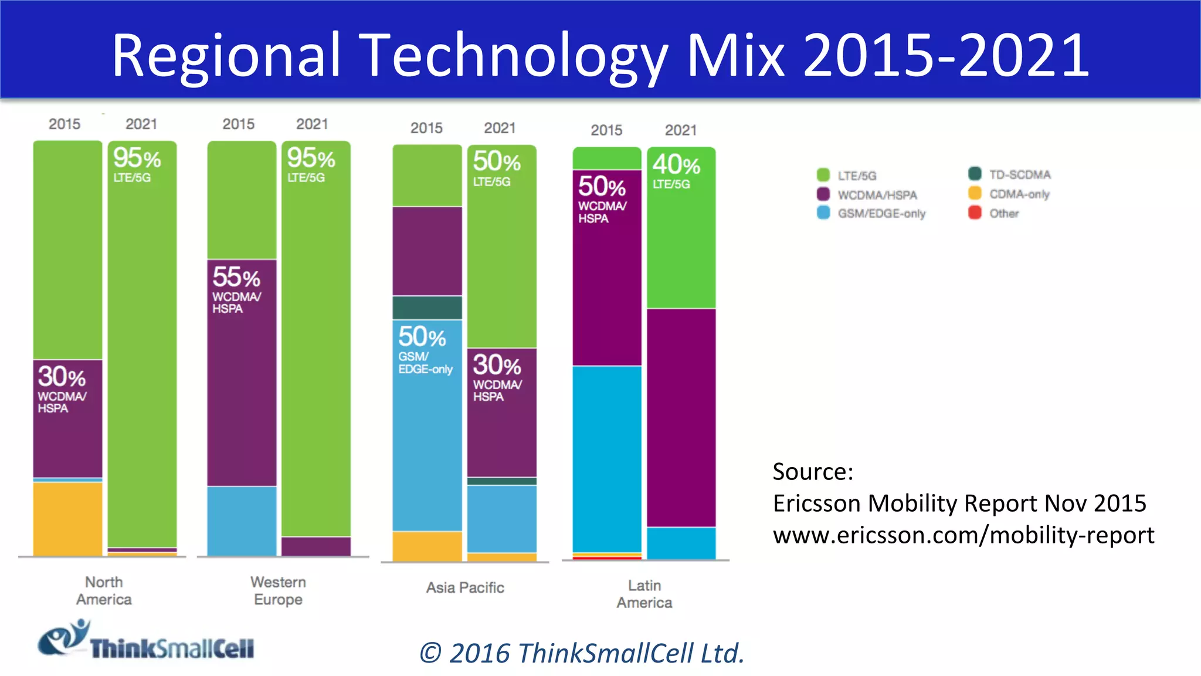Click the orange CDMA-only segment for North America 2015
click(x=67, y=518)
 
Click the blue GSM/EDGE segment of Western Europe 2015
click(x=242, y=520)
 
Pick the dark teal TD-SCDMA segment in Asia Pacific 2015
click(x=427, y=307)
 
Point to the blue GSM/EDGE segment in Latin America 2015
click(x=607, y=459)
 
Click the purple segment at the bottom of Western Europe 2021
click(x=316, y=546)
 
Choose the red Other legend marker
click(x=975, y=212)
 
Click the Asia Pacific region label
click(x=465, y=587)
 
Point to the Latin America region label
click(x=644, y=594)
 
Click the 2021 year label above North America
click(x=141, y=124)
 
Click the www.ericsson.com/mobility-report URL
click(x=963, y=535)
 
